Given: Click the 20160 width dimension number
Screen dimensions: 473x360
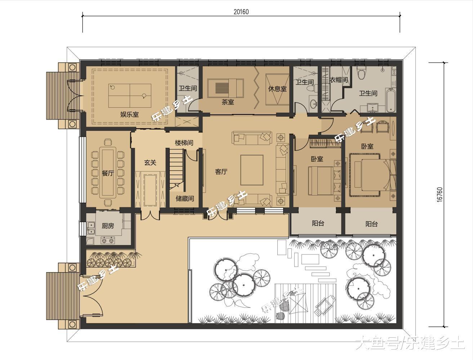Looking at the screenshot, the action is click(241, 12).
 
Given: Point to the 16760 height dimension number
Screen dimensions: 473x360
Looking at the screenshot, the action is click(439, 195).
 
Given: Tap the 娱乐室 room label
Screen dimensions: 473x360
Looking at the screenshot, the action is click(129, 114).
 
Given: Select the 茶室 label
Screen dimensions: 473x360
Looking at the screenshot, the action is click(228, 102).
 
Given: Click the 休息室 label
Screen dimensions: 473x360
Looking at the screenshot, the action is click(277, 89).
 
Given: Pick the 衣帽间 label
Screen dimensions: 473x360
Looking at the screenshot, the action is click(339, 80).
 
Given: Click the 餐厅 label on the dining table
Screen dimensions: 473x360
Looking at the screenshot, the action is click(108, 173).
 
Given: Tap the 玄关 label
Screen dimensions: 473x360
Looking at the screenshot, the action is click(150, 162).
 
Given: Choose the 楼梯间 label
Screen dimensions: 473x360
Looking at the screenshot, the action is click(184, 143).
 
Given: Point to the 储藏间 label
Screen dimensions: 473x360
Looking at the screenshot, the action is click(185, 198).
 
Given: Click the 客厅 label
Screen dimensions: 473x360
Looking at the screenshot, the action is click(221, 172).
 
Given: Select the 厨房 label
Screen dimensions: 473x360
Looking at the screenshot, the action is click(108, 226).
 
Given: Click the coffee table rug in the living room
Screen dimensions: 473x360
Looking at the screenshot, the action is click(252, 170).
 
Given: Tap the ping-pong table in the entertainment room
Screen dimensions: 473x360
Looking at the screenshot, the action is click(130, 96).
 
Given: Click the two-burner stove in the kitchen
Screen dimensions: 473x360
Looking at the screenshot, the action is click(108, 240).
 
